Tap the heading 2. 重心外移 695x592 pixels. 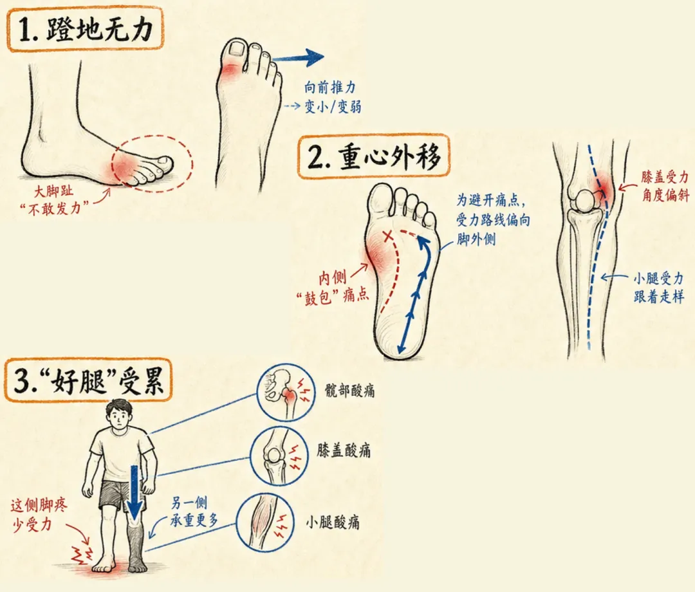[374, 157]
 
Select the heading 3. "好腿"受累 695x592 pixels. [89, 380]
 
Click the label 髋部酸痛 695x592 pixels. [349, 391]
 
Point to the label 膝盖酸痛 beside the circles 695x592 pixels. [344, 450]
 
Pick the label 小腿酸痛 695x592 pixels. [333, 523]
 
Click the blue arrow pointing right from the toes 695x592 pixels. [298, 57]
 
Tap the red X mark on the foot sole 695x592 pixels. [388, 236]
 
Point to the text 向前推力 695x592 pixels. [329, 88]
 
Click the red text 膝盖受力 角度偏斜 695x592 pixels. [665, 186]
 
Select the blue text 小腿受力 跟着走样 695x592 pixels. [659, 288]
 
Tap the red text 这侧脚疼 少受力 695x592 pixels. [39, 514]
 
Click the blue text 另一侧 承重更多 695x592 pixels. [194, 512]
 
